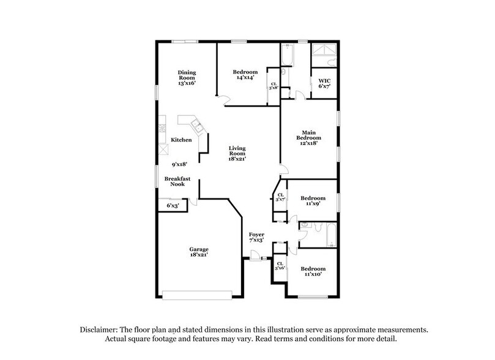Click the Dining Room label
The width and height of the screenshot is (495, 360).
(x=187, y=77)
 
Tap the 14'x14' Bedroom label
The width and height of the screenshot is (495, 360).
(x=244, y=75)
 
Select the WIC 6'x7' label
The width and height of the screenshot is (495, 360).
(x=324, y=83)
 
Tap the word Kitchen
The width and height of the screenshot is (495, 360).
(x=181, y=140)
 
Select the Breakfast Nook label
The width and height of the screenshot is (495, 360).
(x=177, y=182)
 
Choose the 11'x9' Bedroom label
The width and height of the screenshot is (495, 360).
(x=312, y=201)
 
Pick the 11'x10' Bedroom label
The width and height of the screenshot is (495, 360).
(x=312, y=272)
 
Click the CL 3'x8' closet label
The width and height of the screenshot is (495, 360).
(x=274, y=86)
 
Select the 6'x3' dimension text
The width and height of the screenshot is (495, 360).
(x=173, y=206)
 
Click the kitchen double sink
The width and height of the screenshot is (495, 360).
(x=197, y=127)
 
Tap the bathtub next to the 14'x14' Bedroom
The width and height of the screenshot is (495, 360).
(x=288, y=55)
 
